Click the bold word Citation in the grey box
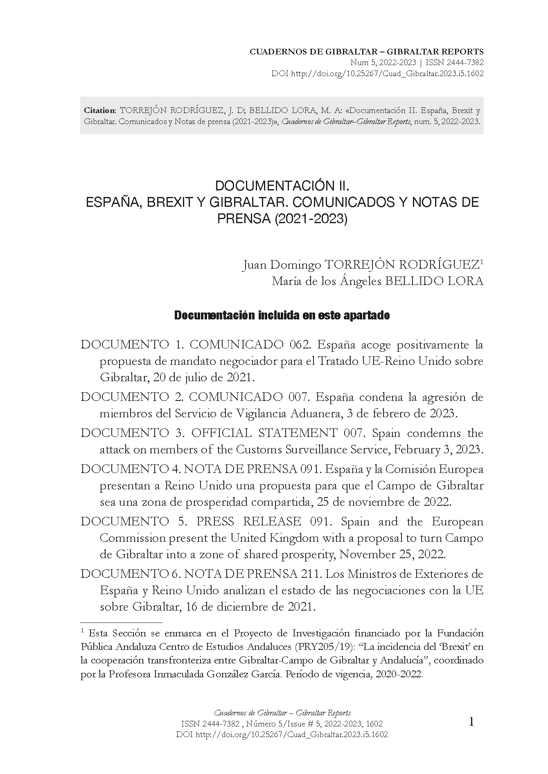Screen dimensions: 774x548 99,111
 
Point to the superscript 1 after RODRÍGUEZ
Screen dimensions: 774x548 482,262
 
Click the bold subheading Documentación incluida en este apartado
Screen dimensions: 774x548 282,316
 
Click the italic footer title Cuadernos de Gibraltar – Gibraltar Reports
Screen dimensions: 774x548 282,713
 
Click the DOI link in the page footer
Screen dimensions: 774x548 282,734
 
